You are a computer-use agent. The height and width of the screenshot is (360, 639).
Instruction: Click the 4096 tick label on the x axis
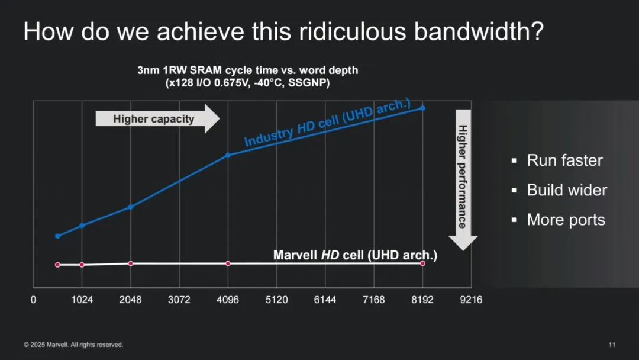coord(228,300)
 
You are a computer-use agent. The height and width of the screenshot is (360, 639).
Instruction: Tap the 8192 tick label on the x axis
coord(422,300)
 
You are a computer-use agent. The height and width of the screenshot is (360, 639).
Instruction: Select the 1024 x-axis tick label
coord(82,300)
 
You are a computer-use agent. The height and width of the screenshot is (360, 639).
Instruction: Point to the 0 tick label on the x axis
coord(33,300)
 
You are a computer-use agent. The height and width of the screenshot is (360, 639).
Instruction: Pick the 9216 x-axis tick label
coord(471,300)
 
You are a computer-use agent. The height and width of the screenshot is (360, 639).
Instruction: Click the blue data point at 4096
coord(228,155)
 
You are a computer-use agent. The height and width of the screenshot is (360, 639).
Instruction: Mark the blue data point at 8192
coord(422,108)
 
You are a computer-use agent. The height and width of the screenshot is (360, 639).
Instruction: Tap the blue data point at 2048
coord(131,207)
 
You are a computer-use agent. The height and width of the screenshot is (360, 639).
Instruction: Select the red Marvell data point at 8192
coord(422,263)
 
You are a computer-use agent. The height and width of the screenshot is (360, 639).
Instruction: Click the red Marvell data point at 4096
coord(228,263)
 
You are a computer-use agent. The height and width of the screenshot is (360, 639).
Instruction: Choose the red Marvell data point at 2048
coord(131,263)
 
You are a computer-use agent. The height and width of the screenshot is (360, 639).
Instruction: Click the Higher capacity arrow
coord(157,118)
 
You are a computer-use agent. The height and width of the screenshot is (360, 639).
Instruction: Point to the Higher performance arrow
coord(463,179)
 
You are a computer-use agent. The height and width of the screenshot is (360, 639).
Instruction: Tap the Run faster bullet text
coord(564,160)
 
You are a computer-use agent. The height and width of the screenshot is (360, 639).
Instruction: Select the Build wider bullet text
coord(567,190)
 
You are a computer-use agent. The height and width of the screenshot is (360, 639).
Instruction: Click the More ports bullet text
coord(566,220)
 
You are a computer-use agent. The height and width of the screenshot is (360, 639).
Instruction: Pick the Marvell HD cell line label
coord(355,255)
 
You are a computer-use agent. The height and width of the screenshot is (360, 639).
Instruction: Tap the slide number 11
coord(612,345)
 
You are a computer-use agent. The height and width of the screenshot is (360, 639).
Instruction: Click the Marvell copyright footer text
coord(73,345)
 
